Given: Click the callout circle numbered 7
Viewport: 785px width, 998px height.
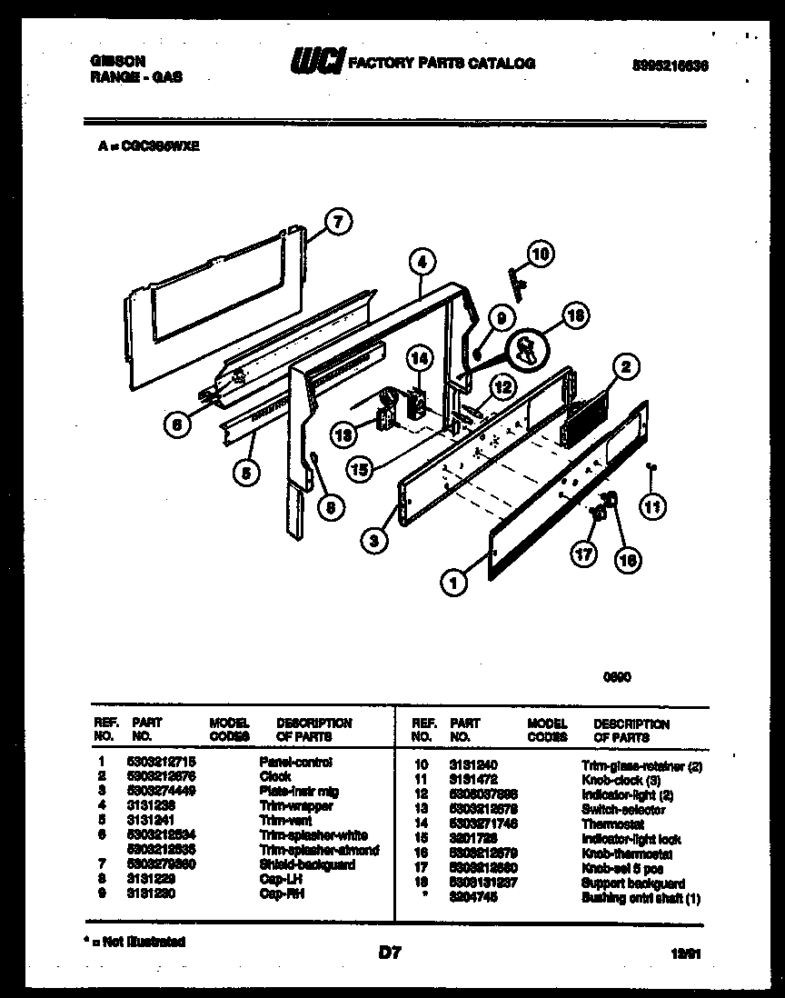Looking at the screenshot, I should point(337,221).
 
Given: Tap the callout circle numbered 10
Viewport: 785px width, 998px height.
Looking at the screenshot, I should point(540,255).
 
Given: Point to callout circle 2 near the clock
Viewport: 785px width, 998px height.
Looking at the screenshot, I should point(625,367).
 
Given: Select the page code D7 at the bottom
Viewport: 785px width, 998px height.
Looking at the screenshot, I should point(389,953).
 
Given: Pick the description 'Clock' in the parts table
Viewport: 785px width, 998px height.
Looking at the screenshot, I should point(275,776).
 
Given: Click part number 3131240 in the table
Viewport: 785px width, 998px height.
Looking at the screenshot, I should point(473,766).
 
